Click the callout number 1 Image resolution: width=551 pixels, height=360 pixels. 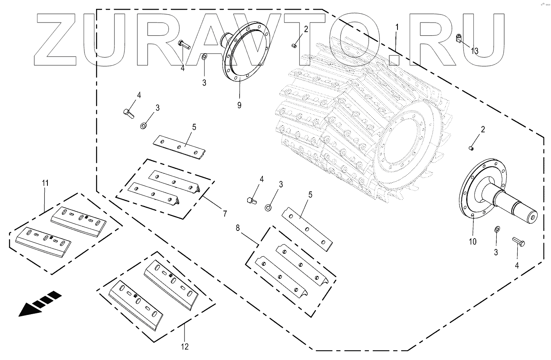(397, 28)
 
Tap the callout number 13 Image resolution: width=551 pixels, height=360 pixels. (475, 51)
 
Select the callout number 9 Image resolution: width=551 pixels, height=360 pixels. (239, 105)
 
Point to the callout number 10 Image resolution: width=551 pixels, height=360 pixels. (472, 242)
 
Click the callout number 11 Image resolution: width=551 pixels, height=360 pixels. (45, 183)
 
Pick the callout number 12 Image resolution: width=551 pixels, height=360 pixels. (184, 346)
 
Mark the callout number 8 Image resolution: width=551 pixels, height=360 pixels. (238, 228)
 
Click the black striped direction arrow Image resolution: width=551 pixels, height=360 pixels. (40, 304)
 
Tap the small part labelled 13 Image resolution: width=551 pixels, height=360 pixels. (459, 39)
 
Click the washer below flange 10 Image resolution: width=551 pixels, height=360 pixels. (497, 229)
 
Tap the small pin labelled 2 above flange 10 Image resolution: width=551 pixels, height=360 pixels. (471, 148)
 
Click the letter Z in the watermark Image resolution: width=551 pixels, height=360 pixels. (56, 40)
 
